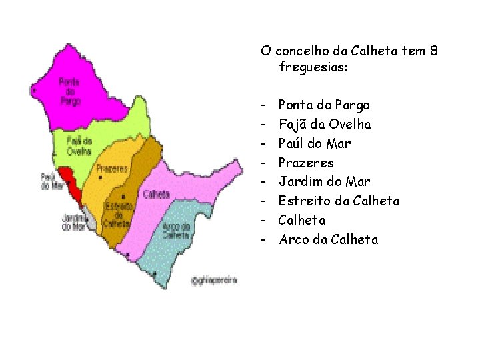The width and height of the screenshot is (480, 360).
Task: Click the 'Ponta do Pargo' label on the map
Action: (x=69, y=92)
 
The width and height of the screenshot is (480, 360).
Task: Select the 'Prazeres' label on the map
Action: (x=112, y=169)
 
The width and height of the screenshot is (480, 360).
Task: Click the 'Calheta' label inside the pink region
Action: (x=156, y=194)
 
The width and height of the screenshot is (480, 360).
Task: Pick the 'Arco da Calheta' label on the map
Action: (x=177, y=231)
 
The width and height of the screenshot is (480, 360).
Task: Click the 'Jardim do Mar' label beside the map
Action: (x=74, y=221)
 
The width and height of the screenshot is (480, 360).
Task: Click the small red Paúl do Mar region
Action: (x=70, y=182)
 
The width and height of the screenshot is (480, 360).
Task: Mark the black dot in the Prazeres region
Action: (x=99, y=178)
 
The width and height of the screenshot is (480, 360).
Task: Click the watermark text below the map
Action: (x=214, y=280)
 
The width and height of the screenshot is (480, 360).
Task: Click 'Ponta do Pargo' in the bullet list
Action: (x=323, y=105)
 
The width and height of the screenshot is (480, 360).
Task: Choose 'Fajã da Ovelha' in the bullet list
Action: (x=325, y=125)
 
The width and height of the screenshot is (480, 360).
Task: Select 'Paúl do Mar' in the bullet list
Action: (x=314, y=143)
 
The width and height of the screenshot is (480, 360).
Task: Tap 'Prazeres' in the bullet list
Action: (x=306, y=163)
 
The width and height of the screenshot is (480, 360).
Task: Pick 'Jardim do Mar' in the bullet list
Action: (x=324, y=181)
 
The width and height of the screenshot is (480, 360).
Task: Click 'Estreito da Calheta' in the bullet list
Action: (x=339, y=201)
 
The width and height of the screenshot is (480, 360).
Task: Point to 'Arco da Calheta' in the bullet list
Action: (x=328, y=239)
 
